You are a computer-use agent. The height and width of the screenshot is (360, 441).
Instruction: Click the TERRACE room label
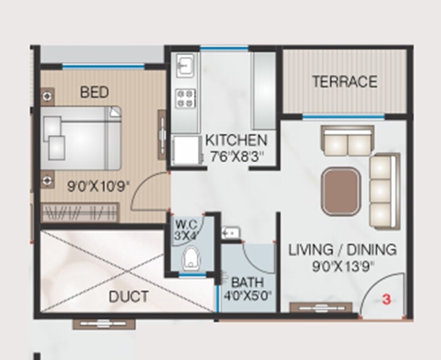click(x=345, y=82)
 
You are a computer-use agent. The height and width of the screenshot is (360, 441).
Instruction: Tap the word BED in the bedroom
click(x=95, y=91)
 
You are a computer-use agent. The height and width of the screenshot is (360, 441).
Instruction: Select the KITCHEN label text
click(x=236, y=140)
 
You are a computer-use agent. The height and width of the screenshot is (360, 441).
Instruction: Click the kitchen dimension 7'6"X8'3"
click(x=235, y=157)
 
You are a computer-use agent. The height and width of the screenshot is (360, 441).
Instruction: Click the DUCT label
click(x=129, y=297)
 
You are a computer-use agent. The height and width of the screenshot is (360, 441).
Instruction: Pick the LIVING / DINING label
click(x=342, y=250)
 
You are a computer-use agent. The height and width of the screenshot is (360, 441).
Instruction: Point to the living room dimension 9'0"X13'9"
click(x=342, y=266)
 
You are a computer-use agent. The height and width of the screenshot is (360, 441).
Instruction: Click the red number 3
click(x=387, y=300)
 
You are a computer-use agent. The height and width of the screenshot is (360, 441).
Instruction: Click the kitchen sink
click(x=184, y=66)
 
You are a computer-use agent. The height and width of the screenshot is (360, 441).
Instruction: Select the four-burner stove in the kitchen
click(x=184, y=99)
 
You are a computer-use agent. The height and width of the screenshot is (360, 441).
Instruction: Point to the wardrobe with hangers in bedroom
click(x=80, y=212)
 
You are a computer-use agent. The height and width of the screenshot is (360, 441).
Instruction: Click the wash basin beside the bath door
click(x=229, y=233)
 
